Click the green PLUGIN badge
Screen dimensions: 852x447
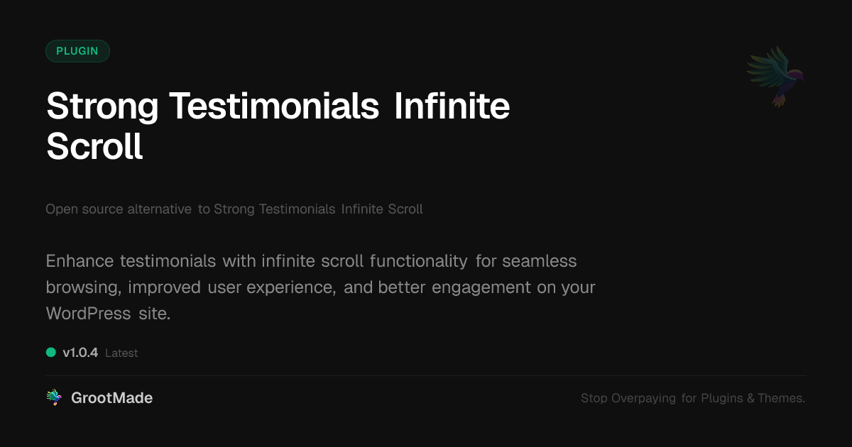(77, 51)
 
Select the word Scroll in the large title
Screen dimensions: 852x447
(94, 146)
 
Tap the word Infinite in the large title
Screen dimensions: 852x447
(452, 106)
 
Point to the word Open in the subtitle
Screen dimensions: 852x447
(62, 209)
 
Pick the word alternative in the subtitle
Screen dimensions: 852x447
(159, 209)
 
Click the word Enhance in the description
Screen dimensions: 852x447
(80, 261)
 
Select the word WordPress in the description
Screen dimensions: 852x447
(88, 314)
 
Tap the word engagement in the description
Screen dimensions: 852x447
(481, 288)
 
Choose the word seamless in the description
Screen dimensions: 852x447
(540, 261)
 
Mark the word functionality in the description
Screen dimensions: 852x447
(418, 262)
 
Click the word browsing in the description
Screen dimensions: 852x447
(83, 288)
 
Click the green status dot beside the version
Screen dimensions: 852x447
(51, 353)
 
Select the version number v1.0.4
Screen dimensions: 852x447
(80, 353)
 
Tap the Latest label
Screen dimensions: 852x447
(121, 353)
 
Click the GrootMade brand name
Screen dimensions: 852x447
(112, 398)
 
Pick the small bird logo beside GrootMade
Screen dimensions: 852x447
(54, 397)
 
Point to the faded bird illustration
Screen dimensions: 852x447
(775, 77)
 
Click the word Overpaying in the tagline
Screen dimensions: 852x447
(643, 398)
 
